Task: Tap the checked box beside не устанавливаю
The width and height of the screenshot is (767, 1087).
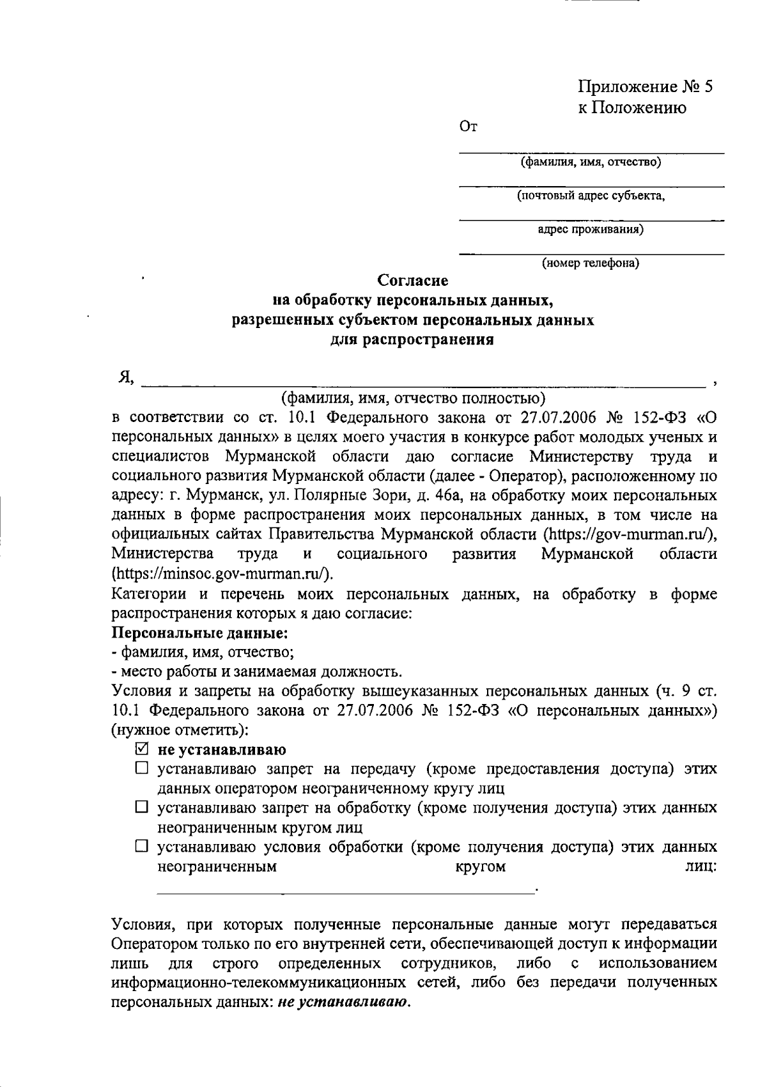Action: coord(142,749)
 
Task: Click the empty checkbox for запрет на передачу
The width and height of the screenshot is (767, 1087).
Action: coord(142,769)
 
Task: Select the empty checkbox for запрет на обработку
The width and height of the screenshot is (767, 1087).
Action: coord(142,808)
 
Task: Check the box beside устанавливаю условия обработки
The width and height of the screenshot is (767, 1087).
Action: coord(142,847)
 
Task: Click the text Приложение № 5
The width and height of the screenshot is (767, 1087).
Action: coord(646,86)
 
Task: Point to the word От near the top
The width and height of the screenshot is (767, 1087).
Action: coord(469,127)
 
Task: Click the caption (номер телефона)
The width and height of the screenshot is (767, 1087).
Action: coord(591,263)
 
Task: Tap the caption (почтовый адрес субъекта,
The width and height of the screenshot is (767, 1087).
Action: coord(591,196)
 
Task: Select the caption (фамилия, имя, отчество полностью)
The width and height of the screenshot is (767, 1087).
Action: coord(414,399)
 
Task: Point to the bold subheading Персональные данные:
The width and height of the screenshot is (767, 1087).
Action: coord(199,633)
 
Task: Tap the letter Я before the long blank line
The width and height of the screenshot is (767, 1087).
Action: coord(124,379)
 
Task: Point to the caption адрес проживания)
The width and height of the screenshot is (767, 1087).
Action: coord(591,229)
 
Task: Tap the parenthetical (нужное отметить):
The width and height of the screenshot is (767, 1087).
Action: coord(180,730)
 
